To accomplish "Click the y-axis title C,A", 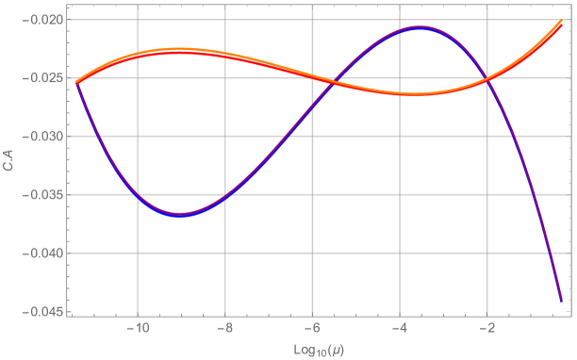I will click(8, 166).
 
